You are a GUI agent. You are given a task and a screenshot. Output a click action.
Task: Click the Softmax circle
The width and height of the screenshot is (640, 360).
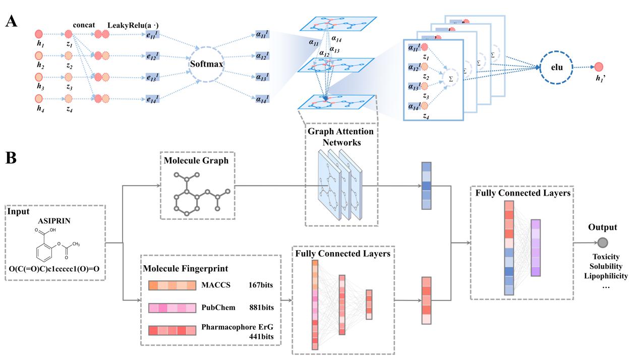206,65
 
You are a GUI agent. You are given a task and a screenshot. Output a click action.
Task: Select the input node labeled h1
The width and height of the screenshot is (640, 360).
38,34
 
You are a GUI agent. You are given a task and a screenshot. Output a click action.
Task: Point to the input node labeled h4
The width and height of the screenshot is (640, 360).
38,98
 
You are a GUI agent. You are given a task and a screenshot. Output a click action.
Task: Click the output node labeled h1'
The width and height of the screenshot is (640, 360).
599,66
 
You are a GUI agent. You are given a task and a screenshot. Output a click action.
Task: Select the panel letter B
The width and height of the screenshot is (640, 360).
11,158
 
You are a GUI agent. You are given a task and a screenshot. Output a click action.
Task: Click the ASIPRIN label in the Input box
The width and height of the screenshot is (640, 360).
53,220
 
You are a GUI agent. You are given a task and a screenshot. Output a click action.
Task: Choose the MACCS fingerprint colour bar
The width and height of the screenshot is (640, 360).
171,285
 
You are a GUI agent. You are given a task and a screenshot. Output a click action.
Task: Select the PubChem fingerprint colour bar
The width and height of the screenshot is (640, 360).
171,308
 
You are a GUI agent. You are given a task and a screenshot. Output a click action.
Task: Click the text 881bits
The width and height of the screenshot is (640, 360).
261,308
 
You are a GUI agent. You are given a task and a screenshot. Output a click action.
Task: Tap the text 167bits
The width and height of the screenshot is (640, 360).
261,285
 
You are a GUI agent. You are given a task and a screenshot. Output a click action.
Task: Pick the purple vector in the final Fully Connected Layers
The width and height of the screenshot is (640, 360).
535,248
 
